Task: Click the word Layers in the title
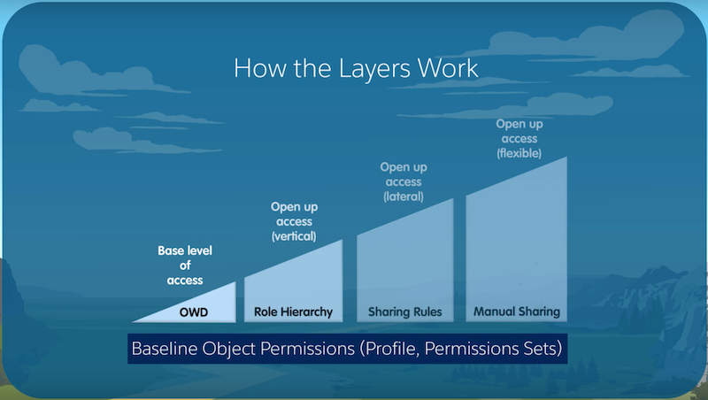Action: click(x=374, y=69)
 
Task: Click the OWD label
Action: click(x=194, y=312)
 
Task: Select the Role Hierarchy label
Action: click(x=293, y=312)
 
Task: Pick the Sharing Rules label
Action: click(x=405, y=312)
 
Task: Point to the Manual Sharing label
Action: click(x=517, y=312)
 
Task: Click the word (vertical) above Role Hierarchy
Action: click(x=294, y=236)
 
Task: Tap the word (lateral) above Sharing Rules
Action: click(x=404, y=196)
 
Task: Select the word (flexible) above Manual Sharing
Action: click(x=519, y=153)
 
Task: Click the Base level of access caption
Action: click(x=185, y=265)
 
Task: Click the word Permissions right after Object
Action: click(x=307, y=349)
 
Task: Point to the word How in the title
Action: click(x=260, y=69)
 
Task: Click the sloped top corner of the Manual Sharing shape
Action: click(x=566, y=158)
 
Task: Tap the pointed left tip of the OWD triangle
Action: click(x=133, y=321)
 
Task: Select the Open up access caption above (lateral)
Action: click(x=404, y=174)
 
